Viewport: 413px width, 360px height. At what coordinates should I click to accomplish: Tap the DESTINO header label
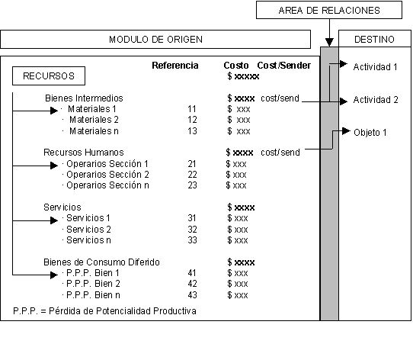(x=374, y=40)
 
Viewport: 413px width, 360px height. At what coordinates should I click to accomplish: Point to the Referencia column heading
(x=175, y=66)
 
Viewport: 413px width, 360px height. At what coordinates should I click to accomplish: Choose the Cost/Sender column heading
(x=284, y=66)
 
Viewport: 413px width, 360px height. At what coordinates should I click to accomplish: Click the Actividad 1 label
(x=375, y=67)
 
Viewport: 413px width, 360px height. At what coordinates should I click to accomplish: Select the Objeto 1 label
(x=370, y=133)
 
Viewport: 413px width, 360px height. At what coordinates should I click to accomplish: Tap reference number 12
(x=192, y=120)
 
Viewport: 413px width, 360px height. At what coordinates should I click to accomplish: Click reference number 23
(x=192, y=185)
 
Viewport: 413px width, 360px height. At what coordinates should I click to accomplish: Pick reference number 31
(x=192, y=218)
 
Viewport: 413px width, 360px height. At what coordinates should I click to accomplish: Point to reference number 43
(x=192, y=295)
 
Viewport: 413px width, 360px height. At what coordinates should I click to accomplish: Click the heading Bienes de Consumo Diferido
(x=101, y=262)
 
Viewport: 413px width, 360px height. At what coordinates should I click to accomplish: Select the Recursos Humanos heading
(x=84, y=153)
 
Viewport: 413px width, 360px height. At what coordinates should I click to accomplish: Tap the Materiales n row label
(x=94, y=131)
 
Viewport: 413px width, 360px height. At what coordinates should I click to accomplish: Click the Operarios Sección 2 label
(x=107, y=175)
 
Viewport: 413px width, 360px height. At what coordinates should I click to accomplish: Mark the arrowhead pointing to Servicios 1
(x=54, y=220)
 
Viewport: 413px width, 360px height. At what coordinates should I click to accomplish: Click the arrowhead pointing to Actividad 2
(x=344, y=101)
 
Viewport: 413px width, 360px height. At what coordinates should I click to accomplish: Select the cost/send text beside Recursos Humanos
(x=280, y=153)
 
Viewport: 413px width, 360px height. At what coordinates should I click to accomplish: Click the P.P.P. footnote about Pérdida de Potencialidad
(x=104, y=311)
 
